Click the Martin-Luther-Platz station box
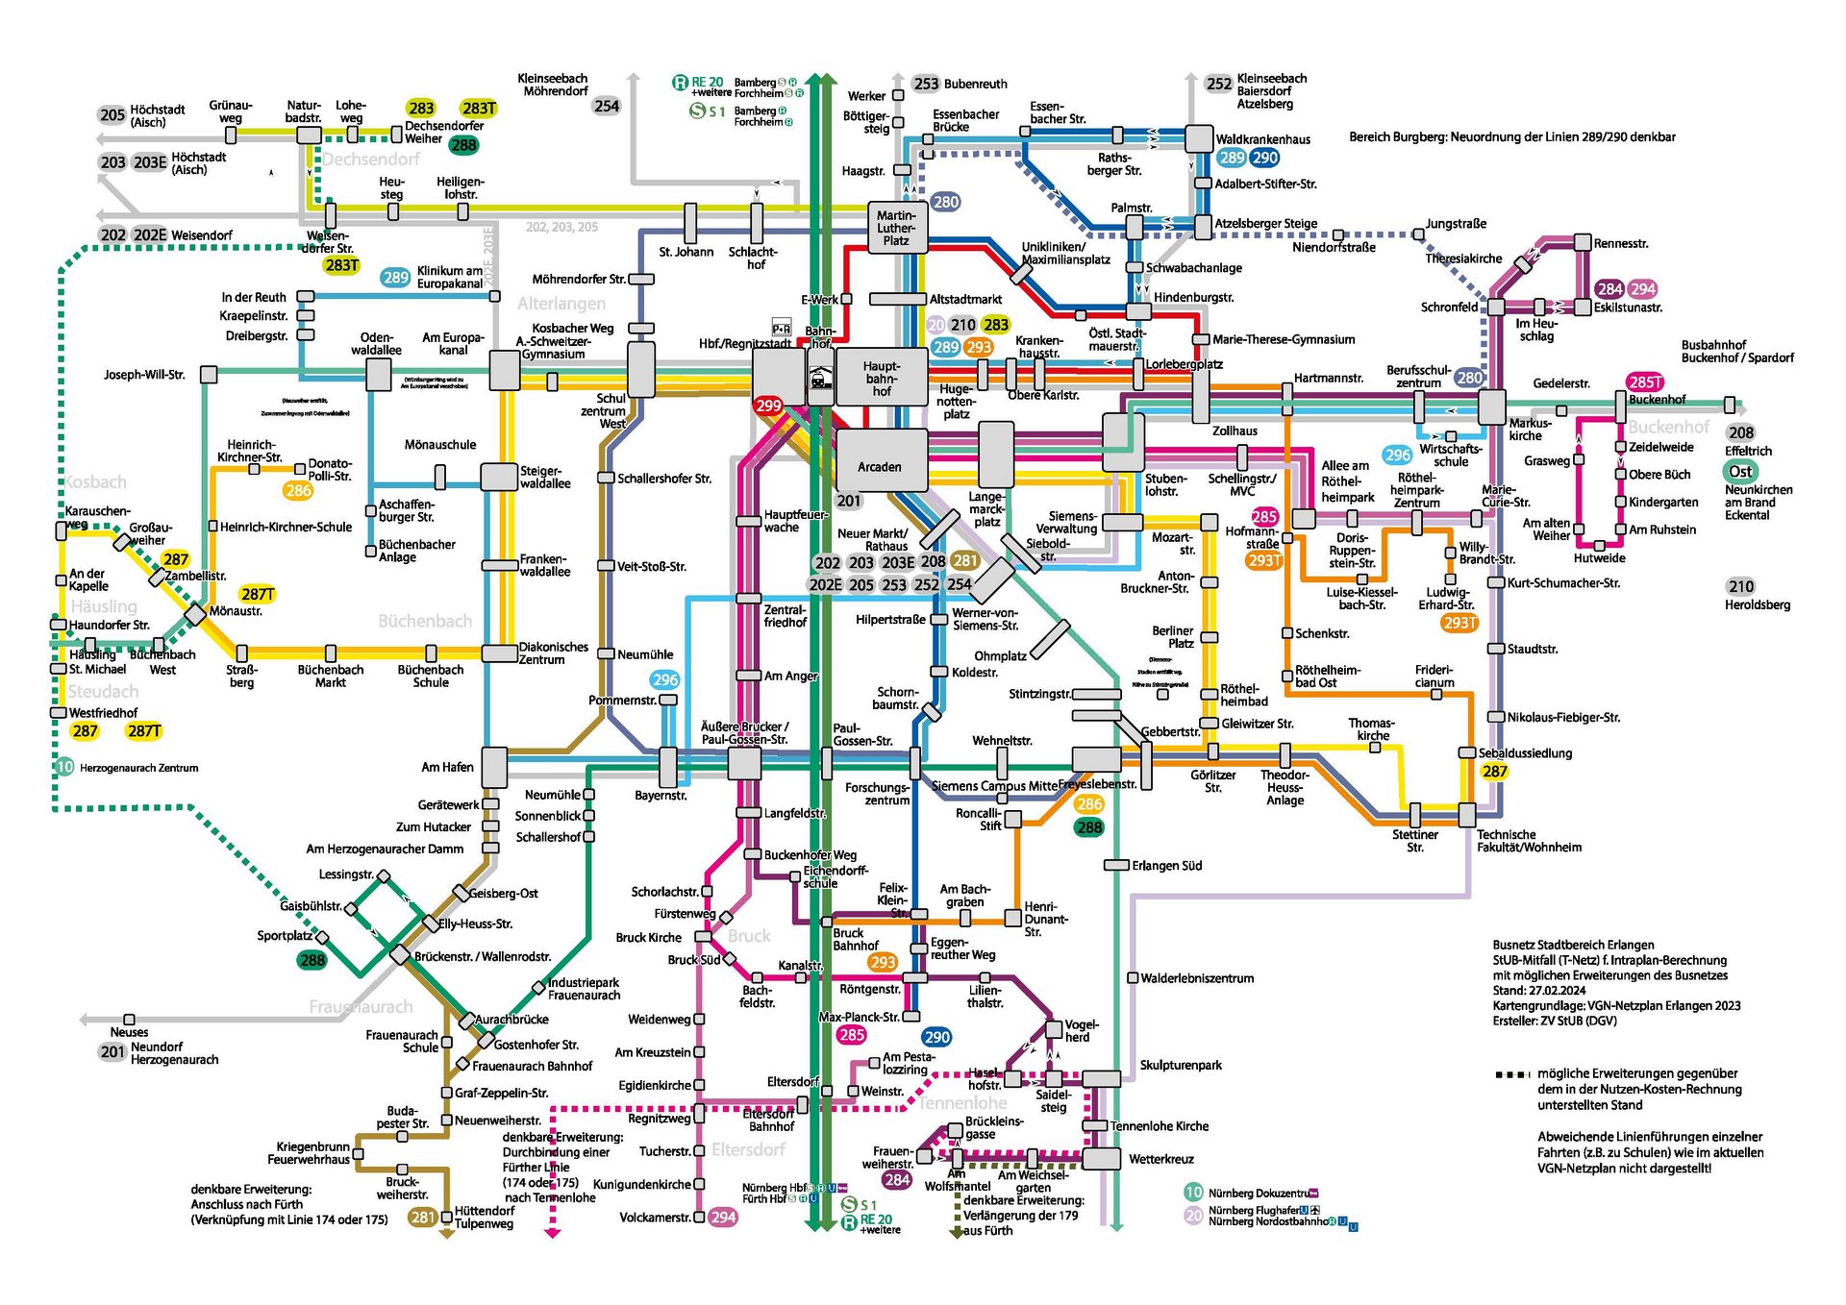[895, 229]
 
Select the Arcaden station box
[881, 466]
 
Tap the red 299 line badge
[768, 406]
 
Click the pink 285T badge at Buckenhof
[1645, 382]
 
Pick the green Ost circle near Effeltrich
[1740, 472]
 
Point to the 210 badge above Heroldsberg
[1741, 586]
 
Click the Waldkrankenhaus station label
[1262, 139]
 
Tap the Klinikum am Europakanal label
[449, 277]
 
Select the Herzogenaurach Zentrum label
[138, 768]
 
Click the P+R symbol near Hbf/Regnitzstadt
[782, 329]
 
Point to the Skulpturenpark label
[1181, 1065]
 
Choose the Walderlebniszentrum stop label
[1197, 978]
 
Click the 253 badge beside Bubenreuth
[926, 84]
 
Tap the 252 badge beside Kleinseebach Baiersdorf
[1218, 84]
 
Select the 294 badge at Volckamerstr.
[723, 1218]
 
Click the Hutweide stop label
[1600, 557]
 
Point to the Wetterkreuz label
[1161, 1159]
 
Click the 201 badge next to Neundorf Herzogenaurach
[112, 1051]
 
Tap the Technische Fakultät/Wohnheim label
[1529, 841]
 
